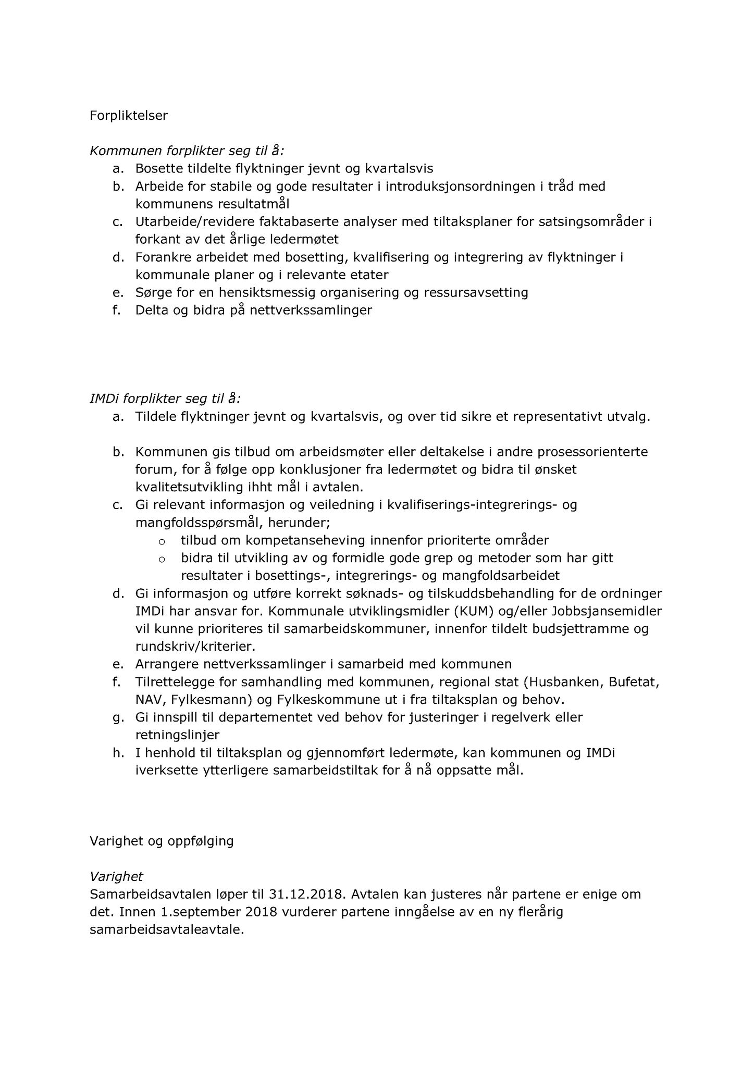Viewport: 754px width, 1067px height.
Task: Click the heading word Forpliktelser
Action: tap(129, 116)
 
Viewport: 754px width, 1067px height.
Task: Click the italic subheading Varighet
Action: tap(116, 877)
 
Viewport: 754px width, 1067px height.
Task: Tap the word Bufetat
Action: tap(635, 681)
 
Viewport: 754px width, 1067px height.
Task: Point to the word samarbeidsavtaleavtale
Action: tap(166, 930)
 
